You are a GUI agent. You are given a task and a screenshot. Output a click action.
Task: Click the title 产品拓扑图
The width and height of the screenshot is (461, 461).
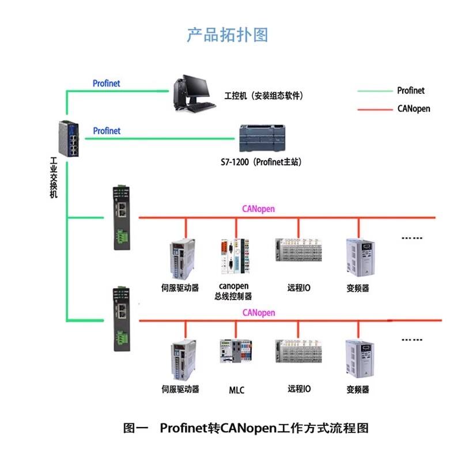pyautogui.click(x=227, y=35)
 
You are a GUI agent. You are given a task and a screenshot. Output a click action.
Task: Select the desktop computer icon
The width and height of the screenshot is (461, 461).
pyautogui.click(x=192, y=93)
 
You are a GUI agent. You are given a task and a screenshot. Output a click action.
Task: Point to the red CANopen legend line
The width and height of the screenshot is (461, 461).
pyautogui.click(x=375, y=108)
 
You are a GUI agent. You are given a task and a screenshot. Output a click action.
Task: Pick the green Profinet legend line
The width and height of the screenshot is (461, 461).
pyautogui.click(x=375, y=90)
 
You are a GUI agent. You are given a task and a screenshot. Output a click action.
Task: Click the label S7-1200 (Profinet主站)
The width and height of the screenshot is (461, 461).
pyautogui.click(x=262, y=163)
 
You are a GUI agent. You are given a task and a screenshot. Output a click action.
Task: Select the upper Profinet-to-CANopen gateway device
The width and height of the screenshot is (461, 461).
pyautogui.click(x=122, y=217)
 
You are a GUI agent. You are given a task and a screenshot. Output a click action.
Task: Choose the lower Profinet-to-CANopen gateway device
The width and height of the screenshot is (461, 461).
pyautogui.click(x=122, y=318)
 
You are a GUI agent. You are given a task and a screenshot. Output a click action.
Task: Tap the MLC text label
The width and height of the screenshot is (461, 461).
pyautogui.click(x=236, y=390)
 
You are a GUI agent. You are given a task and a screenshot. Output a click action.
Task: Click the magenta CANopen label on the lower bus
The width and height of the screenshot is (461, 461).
pyautogui.click(x=259, y=313)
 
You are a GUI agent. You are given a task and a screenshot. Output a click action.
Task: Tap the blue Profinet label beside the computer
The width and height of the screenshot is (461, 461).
pyautogui.click(x=107, y=84)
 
